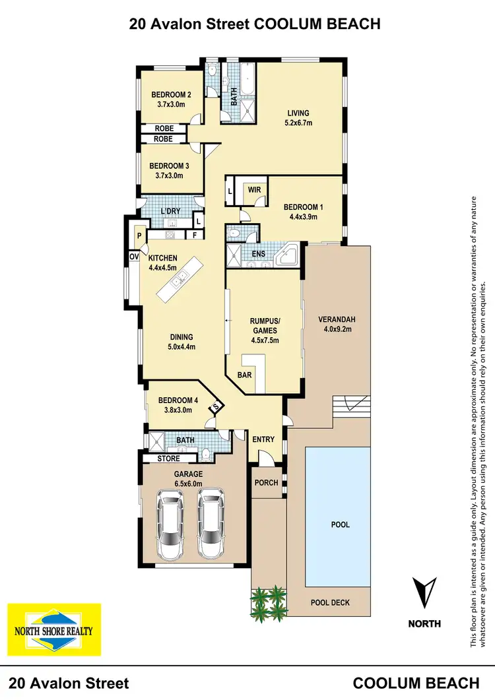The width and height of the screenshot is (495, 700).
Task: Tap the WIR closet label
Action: (254, 189)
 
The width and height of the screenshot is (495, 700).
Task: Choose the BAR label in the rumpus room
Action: (246, 374)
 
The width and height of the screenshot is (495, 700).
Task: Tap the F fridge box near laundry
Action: (194, 234)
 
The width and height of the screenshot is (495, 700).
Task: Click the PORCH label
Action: (266, 482)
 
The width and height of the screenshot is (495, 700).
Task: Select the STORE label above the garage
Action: (168, 458)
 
